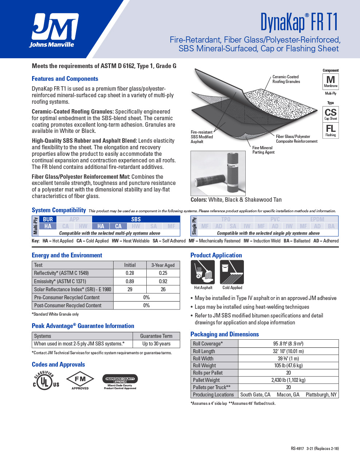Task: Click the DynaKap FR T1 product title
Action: coord(299,22)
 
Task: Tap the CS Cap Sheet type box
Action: coord(331,114)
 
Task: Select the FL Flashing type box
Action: coord(331,130)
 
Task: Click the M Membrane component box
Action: coord(331,81)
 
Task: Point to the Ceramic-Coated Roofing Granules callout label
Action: coord(286,79)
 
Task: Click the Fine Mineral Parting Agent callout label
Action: coord(263,150)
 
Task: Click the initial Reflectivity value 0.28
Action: coord(130,273)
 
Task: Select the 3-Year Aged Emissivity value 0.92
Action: coord(163,281)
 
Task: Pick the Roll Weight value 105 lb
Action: coord(288,366)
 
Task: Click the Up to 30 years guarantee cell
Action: coord(156,344)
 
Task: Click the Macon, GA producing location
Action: coord(288,395)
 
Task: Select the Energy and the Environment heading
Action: coord(67,255)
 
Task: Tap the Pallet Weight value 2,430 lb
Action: coord(288,380)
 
